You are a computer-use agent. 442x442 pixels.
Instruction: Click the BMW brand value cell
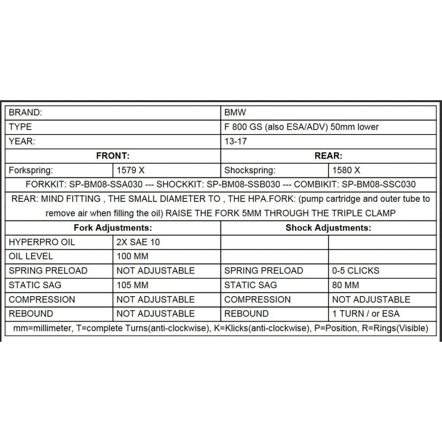point(235,112)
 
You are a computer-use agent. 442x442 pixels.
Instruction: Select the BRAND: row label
point(26,112)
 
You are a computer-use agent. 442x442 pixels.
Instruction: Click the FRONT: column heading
point(112,156)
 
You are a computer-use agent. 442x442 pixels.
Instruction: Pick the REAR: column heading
point(328,156)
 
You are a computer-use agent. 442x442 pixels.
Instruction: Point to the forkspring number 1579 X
point(131,170)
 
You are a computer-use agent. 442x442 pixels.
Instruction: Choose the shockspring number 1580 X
point(346,170)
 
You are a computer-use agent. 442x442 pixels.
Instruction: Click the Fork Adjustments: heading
point(112,228)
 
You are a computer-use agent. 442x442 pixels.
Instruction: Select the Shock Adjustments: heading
point(328,228)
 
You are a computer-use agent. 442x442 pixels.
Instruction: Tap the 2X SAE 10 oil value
point(138,242)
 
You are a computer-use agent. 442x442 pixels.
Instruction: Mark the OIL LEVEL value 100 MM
point(133,256)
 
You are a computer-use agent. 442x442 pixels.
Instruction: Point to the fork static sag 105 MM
point(133,285)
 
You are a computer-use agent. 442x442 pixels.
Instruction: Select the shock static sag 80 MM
point(346,285)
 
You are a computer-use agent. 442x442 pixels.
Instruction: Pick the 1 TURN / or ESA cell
point(366,313)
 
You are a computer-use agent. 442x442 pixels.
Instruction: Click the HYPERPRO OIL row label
point(42,242)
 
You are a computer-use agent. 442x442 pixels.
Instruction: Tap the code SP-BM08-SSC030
point(379,185)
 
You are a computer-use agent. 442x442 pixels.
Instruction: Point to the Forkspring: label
point(31,170)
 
